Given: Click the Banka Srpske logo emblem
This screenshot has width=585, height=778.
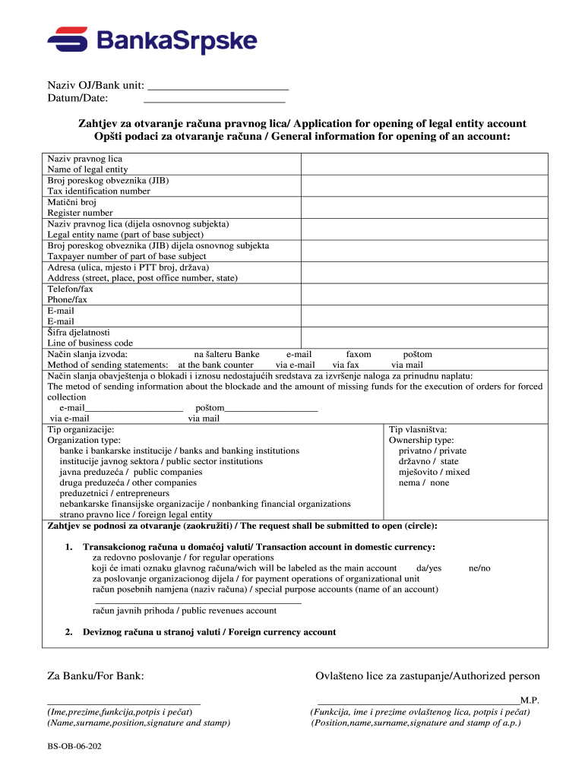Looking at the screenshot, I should (x=67, y=41).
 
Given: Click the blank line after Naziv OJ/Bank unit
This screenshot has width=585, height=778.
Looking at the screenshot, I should (x=218, y=89).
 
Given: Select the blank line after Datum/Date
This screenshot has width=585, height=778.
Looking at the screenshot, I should (x=214, y=100).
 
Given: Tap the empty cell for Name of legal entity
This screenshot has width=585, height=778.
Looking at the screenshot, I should (x=424, y=164).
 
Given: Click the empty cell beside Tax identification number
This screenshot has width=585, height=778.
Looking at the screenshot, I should (x=424, y=186).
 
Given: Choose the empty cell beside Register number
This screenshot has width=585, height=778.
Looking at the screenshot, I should (x=424, y=208).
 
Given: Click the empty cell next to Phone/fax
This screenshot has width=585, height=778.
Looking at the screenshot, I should (x=424, y=295).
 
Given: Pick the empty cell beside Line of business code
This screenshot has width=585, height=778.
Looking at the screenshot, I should (x=424, y=337).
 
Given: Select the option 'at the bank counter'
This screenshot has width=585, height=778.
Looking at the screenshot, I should (x=216, y=365).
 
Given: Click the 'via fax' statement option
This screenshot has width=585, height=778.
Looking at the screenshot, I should (x=346, y=365).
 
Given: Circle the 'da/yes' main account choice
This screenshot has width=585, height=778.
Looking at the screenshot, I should (x=428, y=568).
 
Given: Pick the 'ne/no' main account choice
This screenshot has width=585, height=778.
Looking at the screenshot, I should (x=479, y=568).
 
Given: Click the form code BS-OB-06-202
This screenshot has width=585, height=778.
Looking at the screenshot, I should (x=74, y=746).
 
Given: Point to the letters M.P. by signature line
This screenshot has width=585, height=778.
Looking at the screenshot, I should (x=530, y=701).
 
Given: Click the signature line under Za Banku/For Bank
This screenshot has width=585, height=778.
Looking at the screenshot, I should (x=124, y=704).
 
